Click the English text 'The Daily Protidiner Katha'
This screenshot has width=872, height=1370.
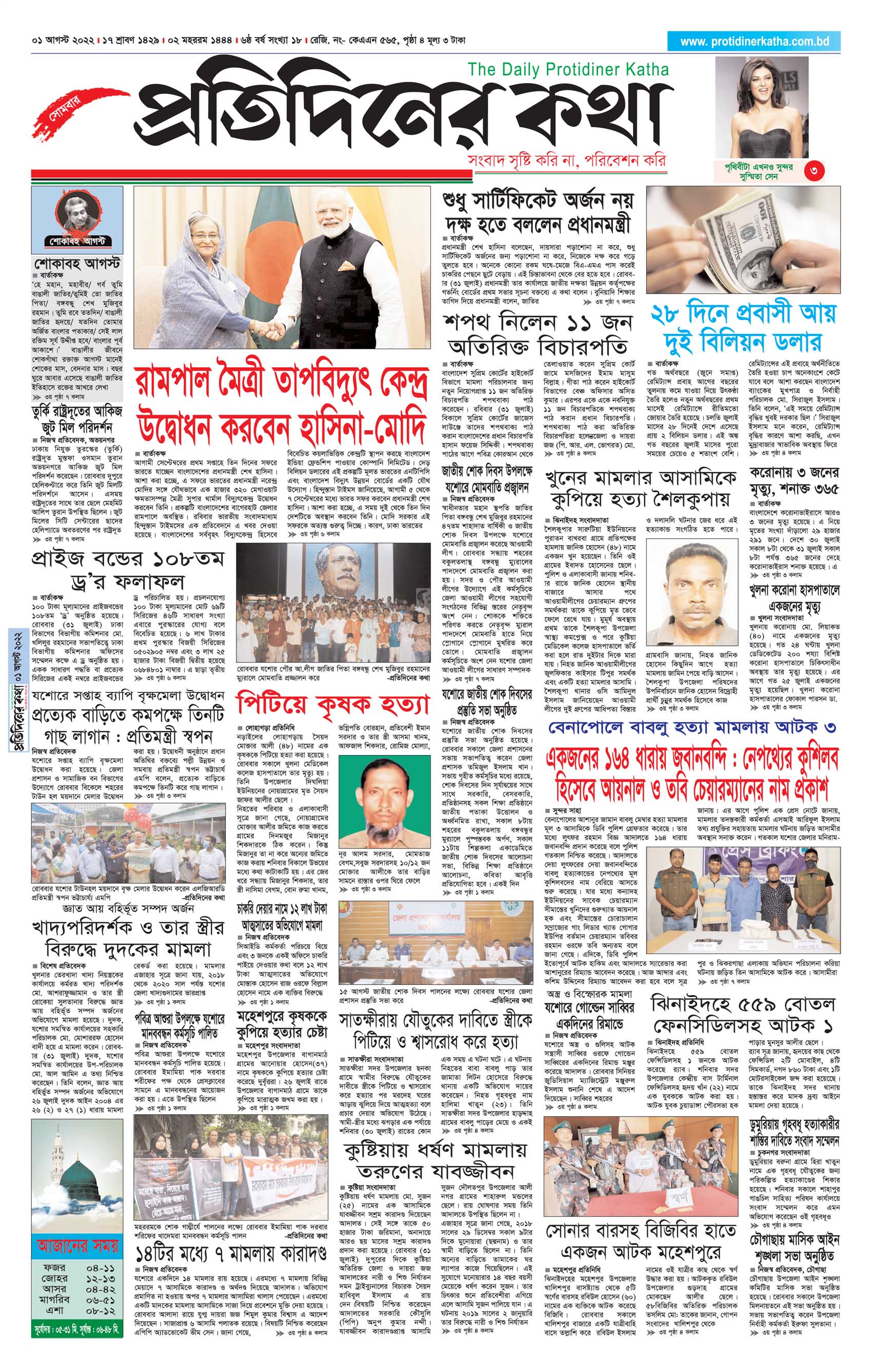[568, 70]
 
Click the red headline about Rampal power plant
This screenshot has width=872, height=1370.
[281, 407]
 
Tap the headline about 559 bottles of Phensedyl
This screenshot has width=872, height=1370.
[743, 1015]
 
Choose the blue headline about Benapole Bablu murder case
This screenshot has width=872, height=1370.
[688, 728]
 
